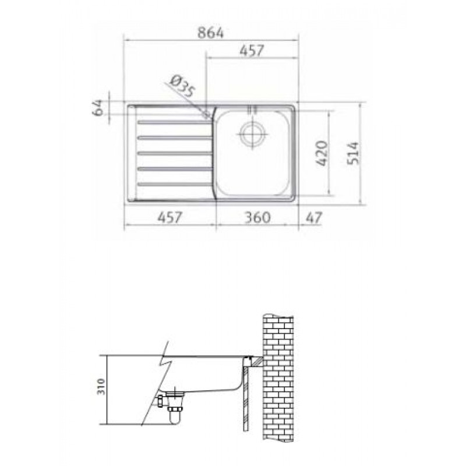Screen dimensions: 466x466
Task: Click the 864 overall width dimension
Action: (x=211, y=33)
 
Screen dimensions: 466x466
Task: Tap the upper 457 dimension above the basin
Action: (x=252, y=51)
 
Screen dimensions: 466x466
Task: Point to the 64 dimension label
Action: (x=98, y=108)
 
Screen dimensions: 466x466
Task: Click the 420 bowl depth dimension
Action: (x=322, y=153)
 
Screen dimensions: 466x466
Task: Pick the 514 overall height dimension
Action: (x=354, y=153)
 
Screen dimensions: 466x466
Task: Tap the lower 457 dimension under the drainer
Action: (x=169, y=217)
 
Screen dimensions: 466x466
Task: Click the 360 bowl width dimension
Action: (x=257, y=217)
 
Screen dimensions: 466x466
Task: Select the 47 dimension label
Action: (x=314, y=217)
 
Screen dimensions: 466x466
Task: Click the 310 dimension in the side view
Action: (x=101, y=386)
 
